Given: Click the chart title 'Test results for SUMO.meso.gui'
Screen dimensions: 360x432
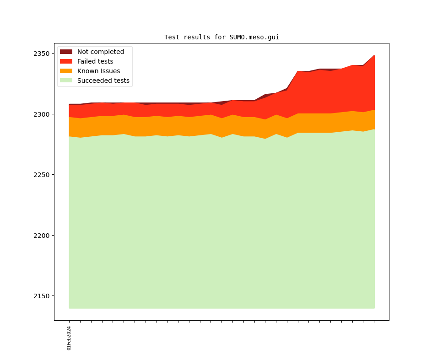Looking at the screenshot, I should [221, 37].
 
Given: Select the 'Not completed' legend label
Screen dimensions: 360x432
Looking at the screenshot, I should [100, 52].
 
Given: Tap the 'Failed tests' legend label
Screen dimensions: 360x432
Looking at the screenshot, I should [95, 61].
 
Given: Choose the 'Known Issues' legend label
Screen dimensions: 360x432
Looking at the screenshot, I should [98, 71].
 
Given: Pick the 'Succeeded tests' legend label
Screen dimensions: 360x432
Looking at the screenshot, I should [103, 81].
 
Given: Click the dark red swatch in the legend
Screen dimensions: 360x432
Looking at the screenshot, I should [66, 52].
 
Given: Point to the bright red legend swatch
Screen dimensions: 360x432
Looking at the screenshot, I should [66, 61].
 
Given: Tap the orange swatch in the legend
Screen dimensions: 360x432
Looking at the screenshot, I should [66, 71].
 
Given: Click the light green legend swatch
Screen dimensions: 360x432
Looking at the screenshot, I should [66, 81].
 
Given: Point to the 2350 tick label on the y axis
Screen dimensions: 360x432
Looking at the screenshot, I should [41, 54].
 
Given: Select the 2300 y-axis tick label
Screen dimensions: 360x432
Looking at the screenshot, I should [41, 114].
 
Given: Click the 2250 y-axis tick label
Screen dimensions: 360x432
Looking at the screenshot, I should [41, 175].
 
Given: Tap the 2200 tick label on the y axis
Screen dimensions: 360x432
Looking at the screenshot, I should [41, 236].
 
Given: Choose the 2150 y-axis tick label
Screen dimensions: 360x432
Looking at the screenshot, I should [41, 296].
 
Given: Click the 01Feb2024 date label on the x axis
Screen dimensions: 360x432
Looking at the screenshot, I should [69, 338].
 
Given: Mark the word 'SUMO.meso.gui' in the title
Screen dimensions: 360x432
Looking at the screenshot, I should [254, 37].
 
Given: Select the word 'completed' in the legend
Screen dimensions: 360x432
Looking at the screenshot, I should [107, 52].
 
